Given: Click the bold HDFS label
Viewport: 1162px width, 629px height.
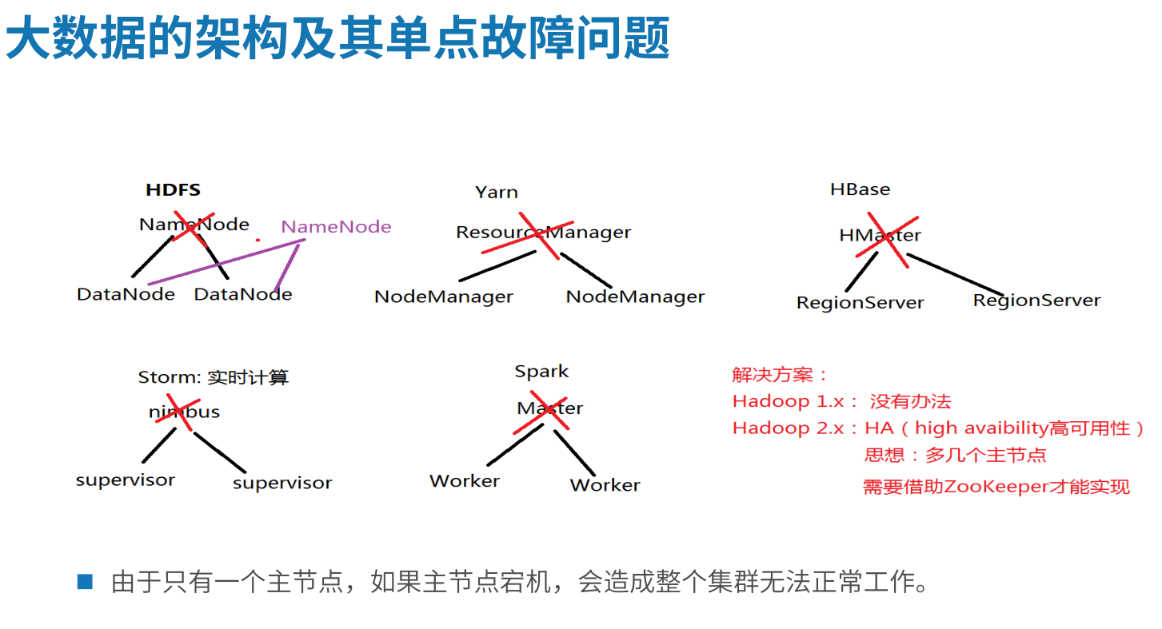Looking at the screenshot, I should [173, 190].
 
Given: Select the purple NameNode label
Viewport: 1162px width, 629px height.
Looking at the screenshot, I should [336, 227].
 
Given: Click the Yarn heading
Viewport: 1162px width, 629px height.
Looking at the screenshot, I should [496, 193].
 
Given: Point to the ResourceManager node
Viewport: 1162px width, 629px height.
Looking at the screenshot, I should [543, 233].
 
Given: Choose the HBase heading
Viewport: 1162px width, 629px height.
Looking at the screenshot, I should [860, 189].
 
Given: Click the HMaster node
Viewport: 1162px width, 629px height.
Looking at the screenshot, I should [880, 236].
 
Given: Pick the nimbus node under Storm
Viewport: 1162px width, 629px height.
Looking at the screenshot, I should [184, 412].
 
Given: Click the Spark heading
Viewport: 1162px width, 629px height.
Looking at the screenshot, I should [541, 372].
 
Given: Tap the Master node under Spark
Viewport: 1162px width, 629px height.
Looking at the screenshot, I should [549, 408].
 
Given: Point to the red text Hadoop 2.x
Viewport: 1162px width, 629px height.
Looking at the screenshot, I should [789, 428].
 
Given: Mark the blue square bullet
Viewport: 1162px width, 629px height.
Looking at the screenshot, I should [85, 582].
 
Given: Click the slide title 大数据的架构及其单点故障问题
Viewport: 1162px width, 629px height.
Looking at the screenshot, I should [337, 40].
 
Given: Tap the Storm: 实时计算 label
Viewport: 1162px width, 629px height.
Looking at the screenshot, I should [213, 377].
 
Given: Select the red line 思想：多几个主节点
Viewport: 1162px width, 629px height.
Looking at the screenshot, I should [955, 456].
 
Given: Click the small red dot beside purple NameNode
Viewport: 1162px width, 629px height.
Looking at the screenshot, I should [258, 240].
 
